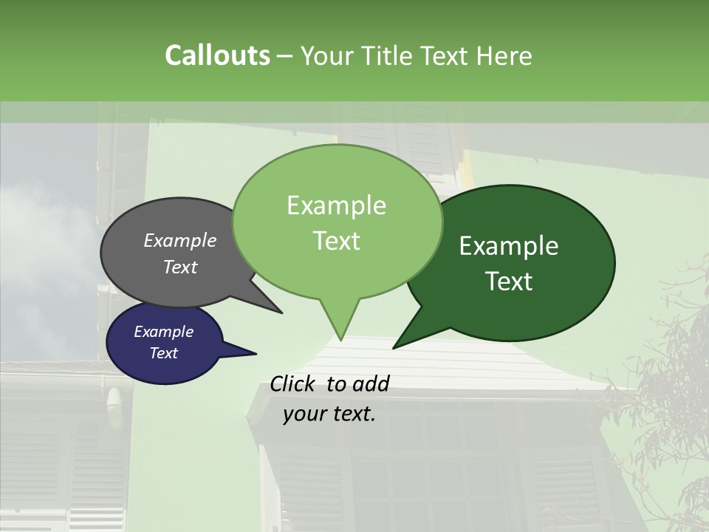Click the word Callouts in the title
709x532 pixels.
(217, 55)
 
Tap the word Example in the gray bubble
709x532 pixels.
(180, 240)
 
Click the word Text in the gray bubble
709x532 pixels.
(180, 267)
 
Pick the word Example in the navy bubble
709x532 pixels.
(163, 332)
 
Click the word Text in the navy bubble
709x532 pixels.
(163, 353)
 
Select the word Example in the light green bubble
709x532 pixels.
(336, 205)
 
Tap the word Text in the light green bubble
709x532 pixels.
(336, 241)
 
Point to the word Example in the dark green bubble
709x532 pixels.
(509, 246)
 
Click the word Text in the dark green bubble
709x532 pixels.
(509, 282)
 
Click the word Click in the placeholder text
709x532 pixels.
(295, 383)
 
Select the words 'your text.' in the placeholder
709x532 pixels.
(329, 414)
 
